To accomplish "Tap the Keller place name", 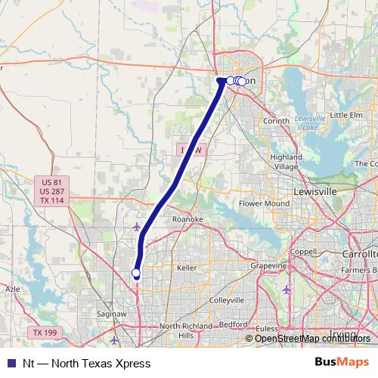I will click(186, 268).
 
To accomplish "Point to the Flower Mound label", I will click(264, 204).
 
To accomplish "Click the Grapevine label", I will click(269, 266).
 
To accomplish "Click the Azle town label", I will click(14, 289).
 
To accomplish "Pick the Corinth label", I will click(277, 121).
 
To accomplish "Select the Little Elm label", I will click(346, 115).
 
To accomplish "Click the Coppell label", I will click(303, 252).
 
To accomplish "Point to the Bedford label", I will click(237, 324).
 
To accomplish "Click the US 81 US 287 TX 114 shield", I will click(51, 191).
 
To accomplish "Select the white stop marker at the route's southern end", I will click(136, 273).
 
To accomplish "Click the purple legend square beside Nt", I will click(11, 363).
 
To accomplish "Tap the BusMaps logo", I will click(342, 362).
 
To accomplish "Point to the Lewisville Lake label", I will click(309, 122).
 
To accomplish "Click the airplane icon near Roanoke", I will click(136, 226).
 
